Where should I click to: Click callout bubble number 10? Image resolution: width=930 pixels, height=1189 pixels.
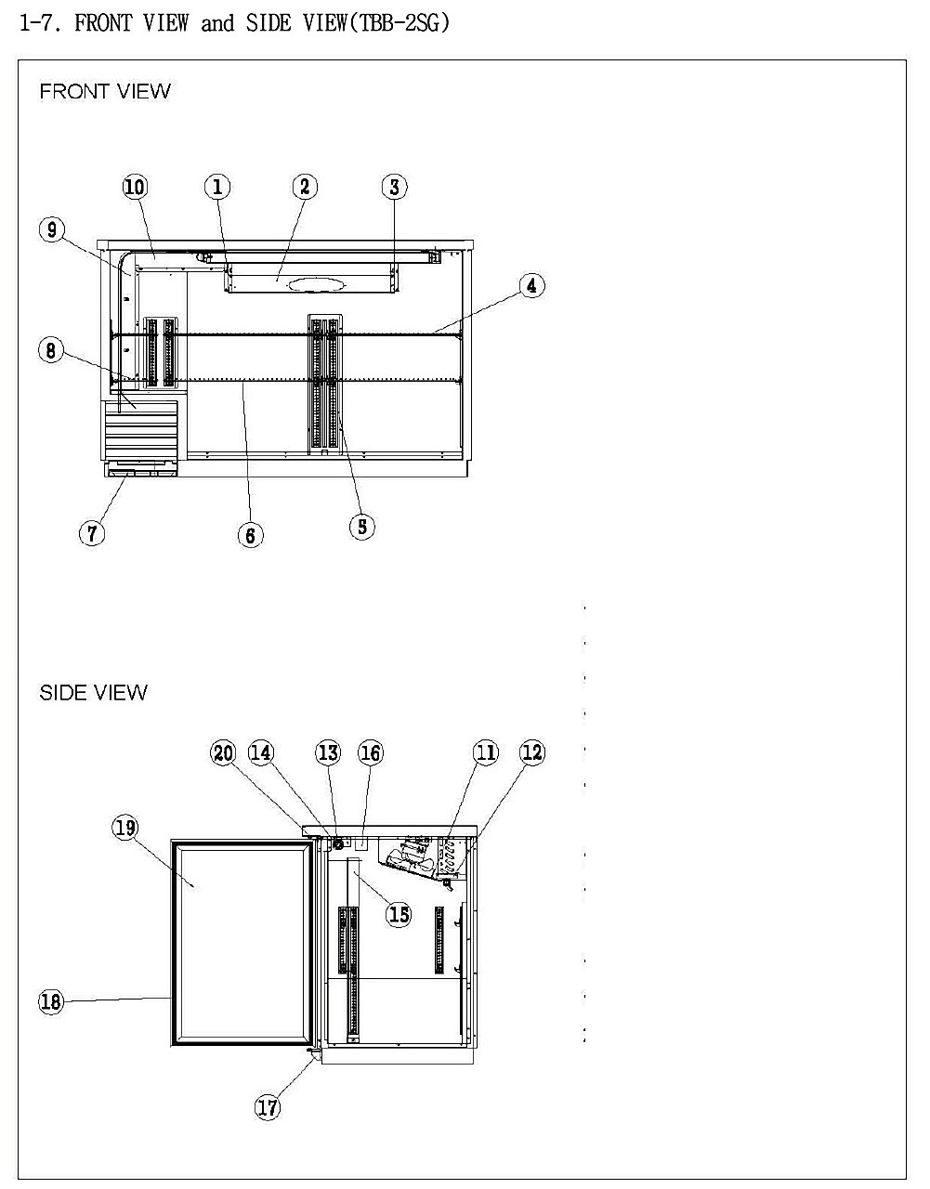135,187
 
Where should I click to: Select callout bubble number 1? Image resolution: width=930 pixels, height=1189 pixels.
217,187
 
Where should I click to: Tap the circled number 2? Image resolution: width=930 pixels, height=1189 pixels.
305,187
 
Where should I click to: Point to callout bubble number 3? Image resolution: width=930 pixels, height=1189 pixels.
394,187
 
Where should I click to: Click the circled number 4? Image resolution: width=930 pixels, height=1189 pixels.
531,285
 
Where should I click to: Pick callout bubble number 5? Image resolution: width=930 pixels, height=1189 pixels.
362,527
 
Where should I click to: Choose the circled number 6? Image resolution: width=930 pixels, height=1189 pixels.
251,535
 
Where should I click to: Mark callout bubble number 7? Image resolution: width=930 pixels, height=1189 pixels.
92,533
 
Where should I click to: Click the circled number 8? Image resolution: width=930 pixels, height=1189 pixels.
51,350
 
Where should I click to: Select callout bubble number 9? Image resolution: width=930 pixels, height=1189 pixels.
52,229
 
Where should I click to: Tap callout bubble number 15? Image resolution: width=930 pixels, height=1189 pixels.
399,914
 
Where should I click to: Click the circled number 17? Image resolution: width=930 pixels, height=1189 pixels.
268,1107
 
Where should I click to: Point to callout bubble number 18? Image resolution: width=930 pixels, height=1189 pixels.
51,1002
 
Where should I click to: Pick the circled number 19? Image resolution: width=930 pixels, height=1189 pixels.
125,828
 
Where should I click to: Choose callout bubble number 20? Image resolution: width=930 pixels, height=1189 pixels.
223,753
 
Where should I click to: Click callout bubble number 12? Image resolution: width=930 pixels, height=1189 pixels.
532,752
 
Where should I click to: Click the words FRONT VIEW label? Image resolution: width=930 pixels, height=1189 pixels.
105,91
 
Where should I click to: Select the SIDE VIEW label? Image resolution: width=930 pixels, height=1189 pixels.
94,693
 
